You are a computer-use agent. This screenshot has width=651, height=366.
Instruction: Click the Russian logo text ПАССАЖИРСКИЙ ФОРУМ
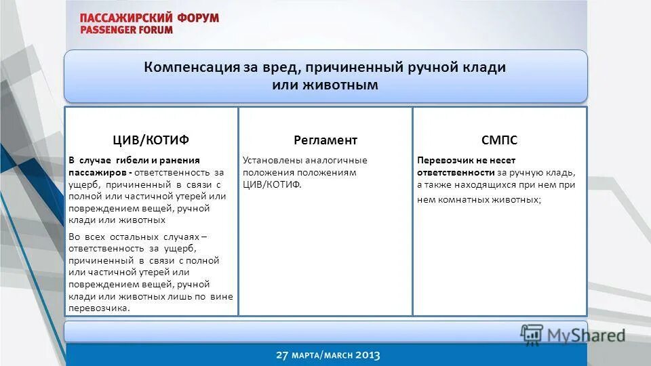(149, 18)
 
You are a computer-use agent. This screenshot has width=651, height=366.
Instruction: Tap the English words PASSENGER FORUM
(126, 30)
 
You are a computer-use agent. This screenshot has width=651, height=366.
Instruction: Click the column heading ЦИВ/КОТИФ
(151, 140)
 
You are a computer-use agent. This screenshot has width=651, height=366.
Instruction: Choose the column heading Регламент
(325, 140)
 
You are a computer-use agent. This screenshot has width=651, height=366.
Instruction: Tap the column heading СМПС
(499, 140)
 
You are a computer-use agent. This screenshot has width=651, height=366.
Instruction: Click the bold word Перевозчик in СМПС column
(443, 161)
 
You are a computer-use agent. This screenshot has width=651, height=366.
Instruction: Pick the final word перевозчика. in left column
(99, 308)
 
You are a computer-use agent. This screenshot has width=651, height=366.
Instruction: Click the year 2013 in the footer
(366, 355)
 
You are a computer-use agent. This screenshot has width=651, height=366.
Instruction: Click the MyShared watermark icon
(532, 333)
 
